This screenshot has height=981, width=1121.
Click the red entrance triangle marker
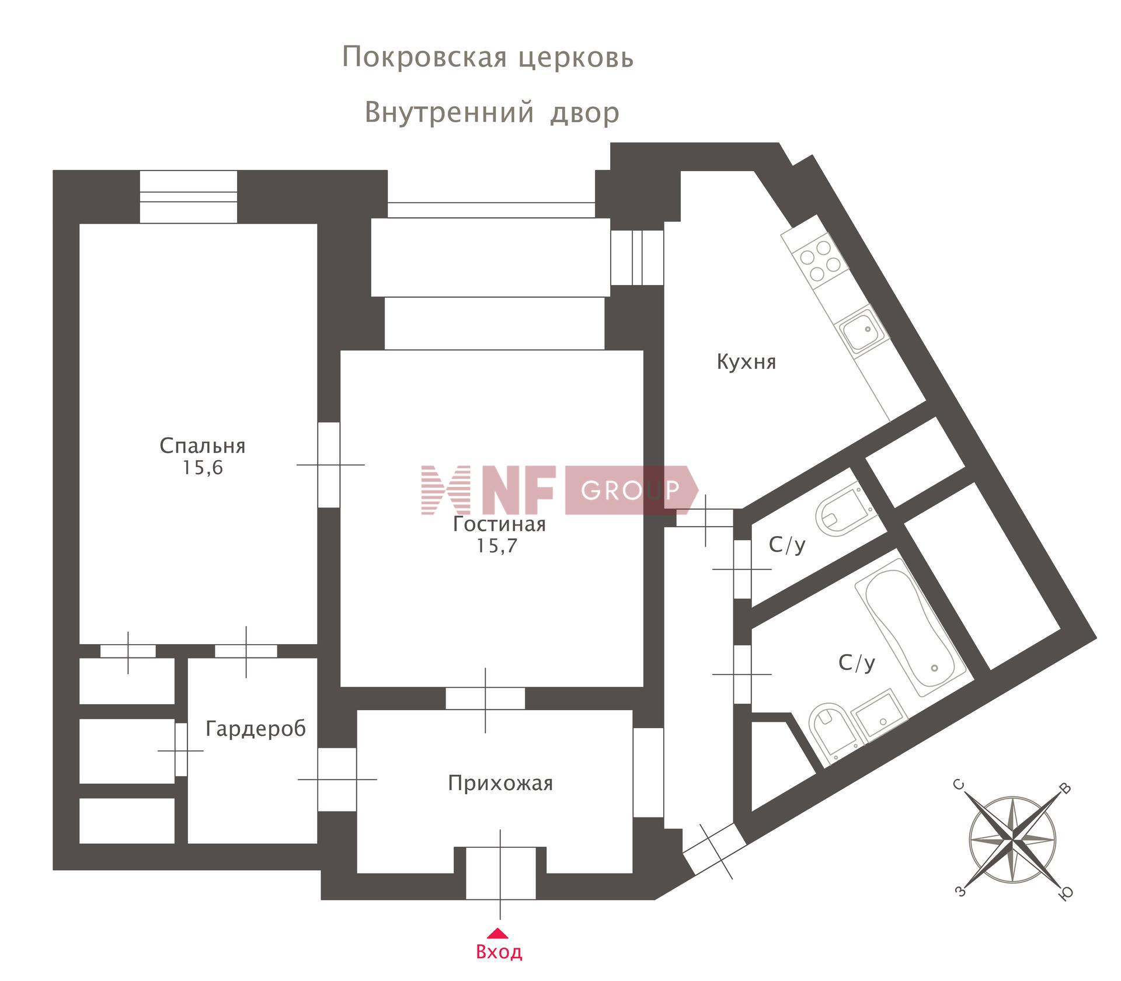point(497,933)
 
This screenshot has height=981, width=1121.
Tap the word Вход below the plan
point(499,952)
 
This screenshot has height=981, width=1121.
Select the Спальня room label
point(203,446)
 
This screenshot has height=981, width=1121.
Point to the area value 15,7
point(497,545)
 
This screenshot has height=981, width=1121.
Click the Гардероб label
point(256,729)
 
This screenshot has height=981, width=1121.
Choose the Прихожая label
point(500,783)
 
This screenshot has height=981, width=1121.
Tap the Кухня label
point(746,362)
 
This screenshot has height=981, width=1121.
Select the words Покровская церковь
point(488,57)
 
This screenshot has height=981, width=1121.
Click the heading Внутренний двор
point(492,112)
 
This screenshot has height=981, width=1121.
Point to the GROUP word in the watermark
point(631,490)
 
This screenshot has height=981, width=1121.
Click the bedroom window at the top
point(188,197)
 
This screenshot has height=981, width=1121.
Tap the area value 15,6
point(203,468)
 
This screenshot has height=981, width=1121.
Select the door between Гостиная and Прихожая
point(485,698)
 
